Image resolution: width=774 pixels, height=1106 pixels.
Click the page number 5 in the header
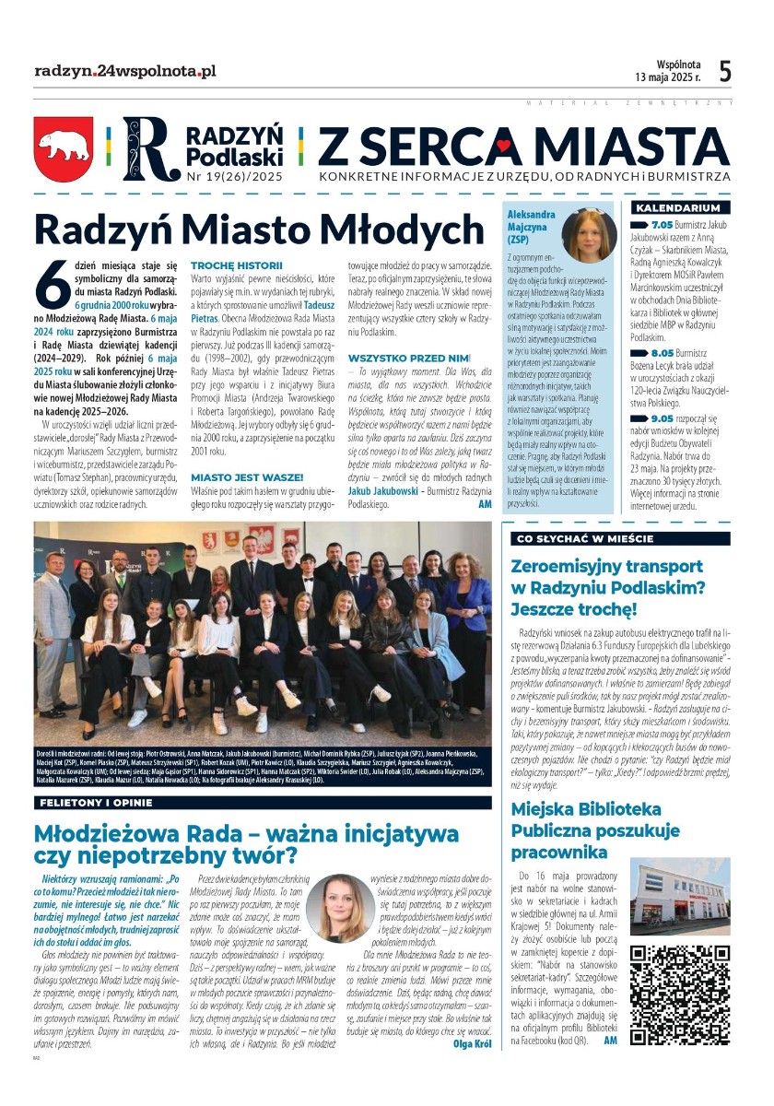(725, 71)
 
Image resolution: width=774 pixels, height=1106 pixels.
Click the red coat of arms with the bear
(64, 147)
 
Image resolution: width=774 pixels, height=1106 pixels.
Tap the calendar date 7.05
(663, 224)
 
